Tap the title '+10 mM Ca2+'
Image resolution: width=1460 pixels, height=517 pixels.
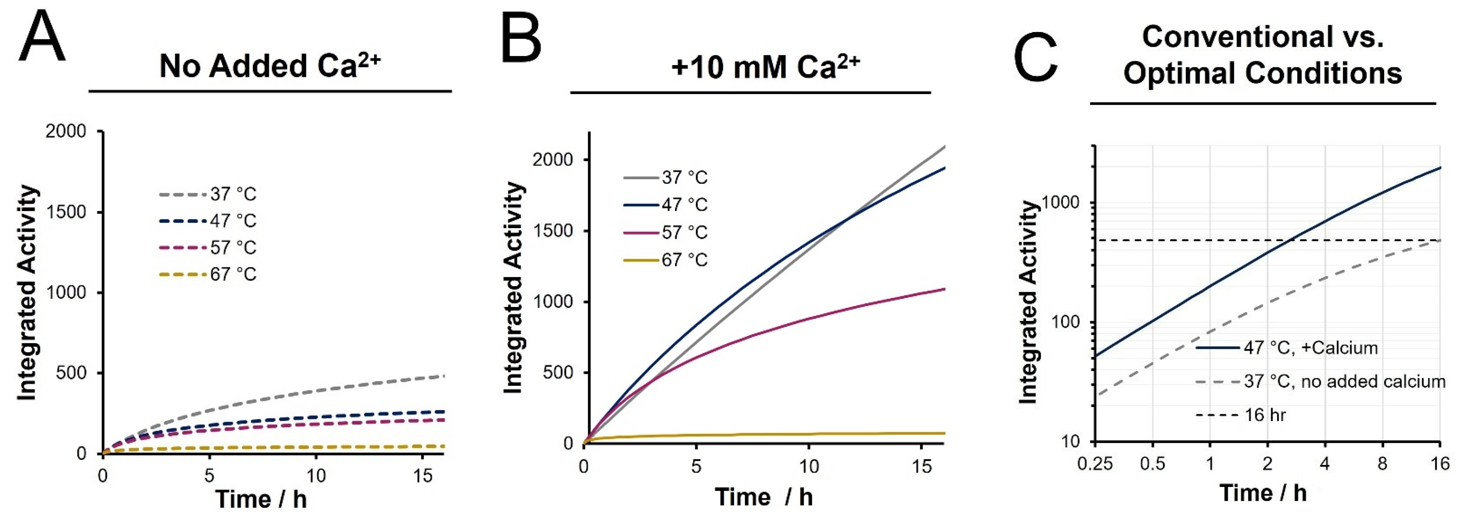(765, 67)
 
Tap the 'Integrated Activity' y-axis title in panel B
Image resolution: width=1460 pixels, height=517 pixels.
(513, 287)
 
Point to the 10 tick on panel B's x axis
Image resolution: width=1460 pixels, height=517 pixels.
(809, 466)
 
